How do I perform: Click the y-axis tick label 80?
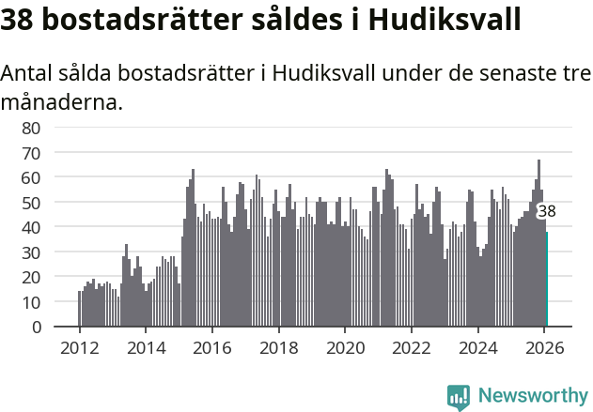(x=31, y=127)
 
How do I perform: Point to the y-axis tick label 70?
(x=31, y=152)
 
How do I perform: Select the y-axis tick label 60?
(x=31, y=177)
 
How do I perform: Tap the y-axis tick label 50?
(x=31, y=203)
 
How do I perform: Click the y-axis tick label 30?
(x=31, y=252)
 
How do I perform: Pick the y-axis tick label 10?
(x=31, y=302)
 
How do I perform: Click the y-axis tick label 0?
(x=36, y=328)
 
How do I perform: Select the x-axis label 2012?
(x=79, y=346)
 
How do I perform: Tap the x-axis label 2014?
(x=146, y=346)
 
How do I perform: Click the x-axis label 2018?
(x=278, y=346)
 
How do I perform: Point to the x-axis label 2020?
(x=345, y=346)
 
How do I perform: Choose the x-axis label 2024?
(x=477, y=346)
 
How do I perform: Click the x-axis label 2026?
(x=544, y=346)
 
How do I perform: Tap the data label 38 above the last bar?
(x=546, y=212)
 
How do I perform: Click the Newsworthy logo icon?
(x=459, y=396)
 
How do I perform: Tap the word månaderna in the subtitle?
(x=62, y=101)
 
